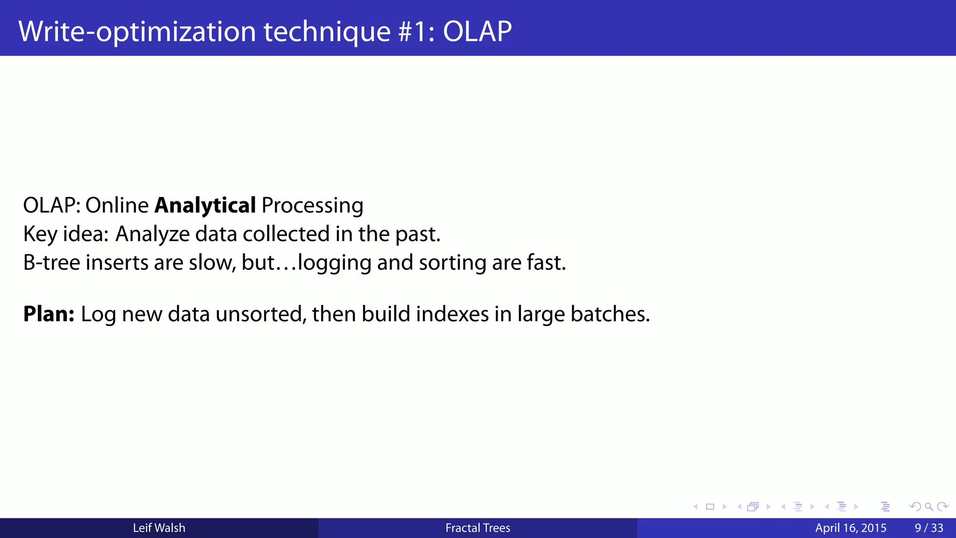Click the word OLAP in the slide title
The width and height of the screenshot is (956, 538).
point(477,32)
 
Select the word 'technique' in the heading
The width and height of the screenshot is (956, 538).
point(327,32)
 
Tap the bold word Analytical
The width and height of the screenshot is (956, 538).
point(205,205)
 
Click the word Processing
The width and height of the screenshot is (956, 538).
point(312,205)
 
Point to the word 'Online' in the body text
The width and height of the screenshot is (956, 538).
point(117,205)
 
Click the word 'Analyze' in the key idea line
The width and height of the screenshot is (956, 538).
point(152,234)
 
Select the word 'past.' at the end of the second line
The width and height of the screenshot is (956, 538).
point(418,234)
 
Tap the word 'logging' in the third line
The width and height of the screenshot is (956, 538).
point(334,262)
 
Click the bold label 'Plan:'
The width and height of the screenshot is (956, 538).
point(49,314)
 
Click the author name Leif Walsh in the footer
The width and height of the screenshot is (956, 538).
point(159,528)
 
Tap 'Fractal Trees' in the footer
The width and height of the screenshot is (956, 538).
point(478,528)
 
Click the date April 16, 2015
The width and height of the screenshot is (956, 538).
point(851,528)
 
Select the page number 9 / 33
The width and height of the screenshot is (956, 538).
point(929,528)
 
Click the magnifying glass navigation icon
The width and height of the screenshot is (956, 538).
point(929,507)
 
